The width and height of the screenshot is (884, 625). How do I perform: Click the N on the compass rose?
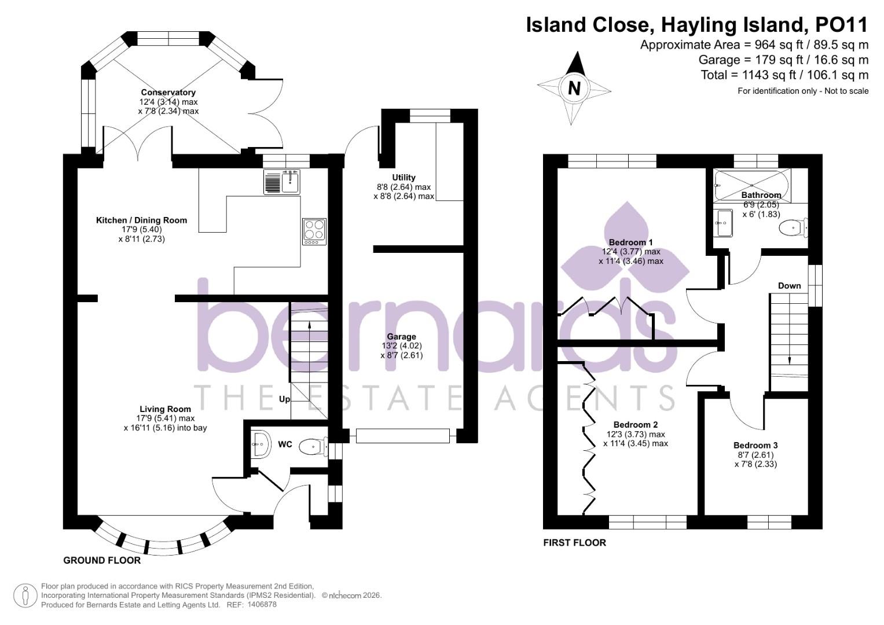[574, 89]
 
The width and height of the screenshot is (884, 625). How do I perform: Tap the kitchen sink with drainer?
[282, 182]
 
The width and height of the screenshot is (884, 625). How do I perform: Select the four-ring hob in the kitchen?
[314, 231]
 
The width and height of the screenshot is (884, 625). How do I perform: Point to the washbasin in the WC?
[260, 444]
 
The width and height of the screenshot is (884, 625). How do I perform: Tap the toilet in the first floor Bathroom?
[792, 228]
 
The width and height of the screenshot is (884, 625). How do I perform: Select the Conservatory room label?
[168, 93]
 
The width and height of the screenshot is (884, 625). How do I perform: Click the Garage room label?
[401, 337]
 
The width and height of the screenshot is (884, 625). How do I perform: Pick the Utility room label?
[404, 178]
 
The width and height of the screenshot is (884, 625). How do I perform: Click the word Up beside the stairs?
[284, 399]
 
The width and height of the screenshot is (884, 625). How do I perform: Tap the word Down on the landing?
[789, 286]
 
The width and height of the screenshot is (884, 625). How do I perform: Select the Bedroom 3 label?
[755, 445]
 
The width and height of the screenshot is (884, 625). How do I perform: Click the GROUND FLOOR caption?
[102, 560]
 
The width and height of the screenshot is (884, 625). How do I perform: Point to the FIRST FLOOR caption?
[574, 543]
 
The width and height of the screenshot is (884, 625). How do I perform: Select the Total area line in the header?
[784, 75]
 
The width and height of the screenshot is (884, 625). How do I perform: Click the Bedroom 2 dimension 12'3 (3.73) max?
[635, 434]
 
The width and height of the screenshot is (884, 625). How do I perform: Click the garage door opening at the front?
[403, 436]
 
